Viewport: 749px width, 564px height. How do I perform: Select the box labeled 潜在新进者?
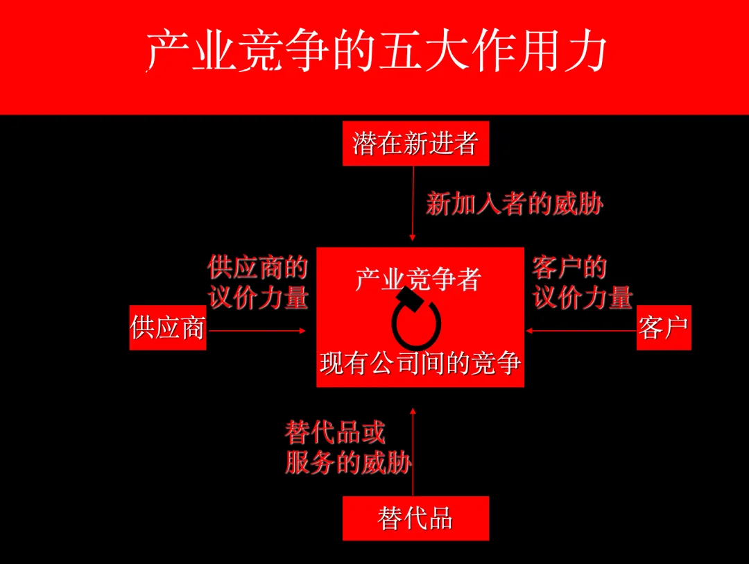[x=415, y=144]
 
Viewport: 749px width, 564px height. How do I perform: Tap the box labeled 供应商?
[x=168, y=327]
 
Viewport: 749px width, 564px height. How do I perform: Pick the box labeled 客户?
[x=664, y=327]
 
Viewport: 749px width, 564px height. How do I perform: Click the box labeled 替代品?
[x=415, y=518]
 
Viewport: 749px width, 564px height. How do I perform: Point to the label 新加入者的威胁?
[x=515, y=204]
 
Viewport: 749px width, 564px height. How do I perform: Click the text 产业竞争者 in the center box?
[x=418, y=279]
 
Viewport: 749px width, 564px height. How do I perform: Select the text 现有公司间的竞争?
[x=420, y=364]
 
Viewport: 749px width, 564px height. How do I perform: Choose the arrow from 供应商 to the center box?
[x=257, y=331]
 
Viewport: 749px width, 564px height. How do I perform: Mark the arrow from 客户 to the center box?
[x=581, y=331]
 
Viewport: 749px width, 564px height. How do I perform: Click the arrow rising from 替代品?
[x=413, y=451]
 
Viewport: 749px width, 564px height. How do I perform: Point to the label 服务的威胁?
[x=348, y=463]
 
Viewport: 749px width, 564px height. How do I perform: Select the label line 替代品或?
[x=334, y=434]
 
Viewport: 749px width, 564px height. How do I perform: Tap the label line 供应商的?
[x=257, y=268]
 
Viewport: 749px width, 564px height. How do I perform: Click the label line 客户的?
[x=569, y=268]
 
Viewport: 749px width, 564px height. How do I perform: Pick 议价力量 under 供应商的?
[x=258, y=298]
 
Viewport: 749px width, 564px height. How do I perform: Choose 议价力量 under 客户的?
[x=583, y=298]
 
